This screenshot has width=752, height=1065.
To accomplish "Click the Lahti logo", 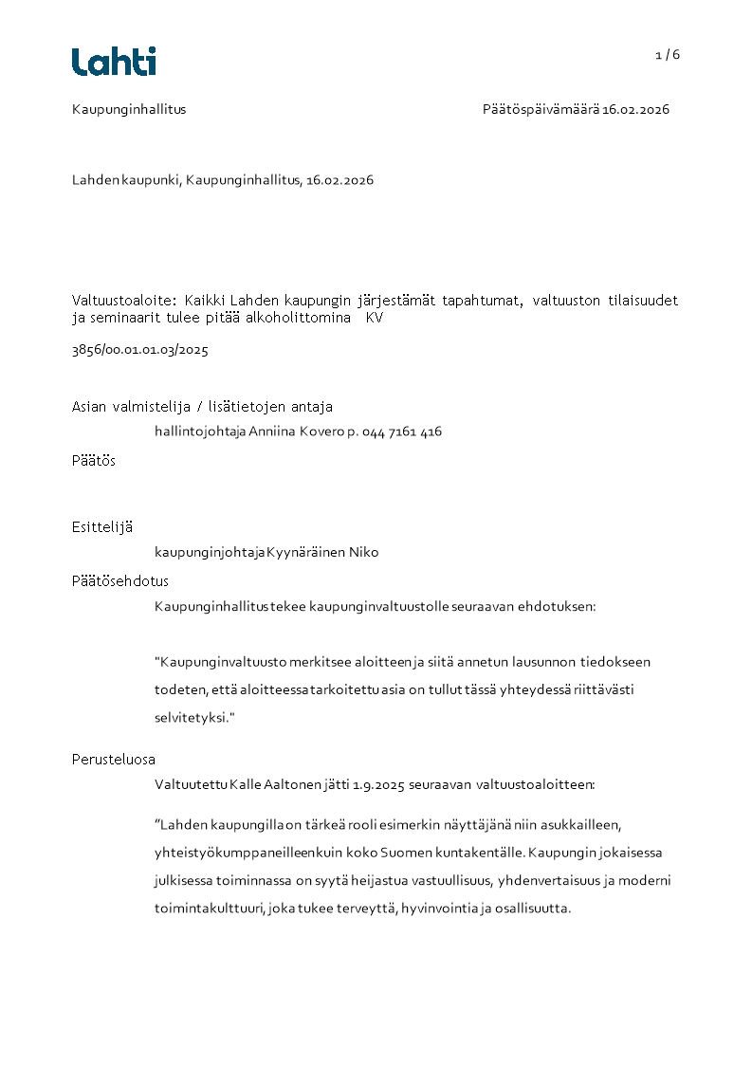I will pyautogui.click(x=114, y=62).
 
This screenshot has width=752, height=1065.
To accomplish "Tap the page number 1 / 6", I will pyautogui.click(x=668, y=55).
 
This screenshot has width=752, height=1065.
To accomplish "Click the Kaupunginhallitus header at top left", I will pyautogui.click(x=129, y=109).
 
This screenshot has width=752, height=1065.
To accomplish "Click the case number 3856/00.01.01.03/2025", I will pyautogui.click(x=140, y=350).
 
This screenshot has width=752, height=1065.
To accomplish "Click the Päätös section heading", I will pyautogui.click(x=94, y=460).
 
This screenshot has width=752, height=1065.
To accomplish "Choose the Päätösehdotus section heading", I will pyautogui.click(x=120, y=580).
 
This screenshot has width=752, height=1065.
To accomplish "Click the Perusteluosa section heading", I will pyautogui.click(x=114, y=759).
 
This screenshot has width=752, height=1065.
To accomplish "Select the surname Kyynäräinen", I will pyautogui.click(x=305, y=552).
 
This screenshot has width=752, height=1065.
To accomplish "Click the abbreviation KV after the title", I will pyautogui.click(x=375, y=319).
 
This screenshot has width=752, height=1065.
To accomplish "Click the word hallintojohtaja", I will pyautogui.click(x=200, y=432).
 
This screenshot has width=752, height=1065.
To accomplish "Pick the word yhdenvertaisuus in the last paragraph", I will pyautogui.click(x=550, y=880).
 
